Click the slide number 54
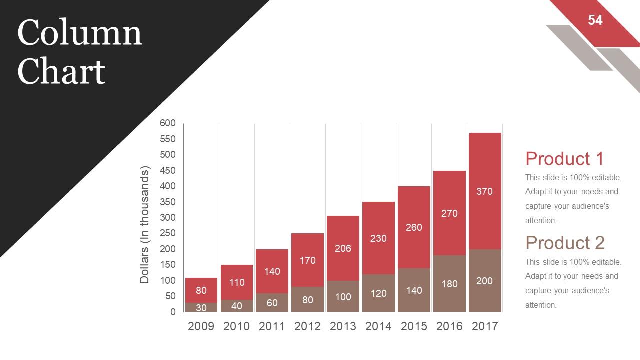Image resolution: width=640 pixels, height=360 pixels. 595,20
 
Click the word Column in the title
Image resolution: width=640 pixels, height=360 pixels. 80,33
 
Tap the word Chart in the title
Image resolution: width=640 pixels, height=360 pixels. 61,71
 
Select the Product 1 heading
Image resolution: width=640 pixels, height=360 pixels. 564,158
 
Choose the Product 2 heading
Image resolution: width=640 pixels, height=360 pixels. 565,243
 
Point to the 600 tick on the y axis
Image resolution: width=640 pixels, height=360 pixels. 168,123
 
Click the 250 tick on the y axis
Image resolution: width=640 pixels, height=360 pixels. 168,233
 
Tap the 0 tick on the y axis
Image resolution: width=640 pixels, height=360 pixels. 173,312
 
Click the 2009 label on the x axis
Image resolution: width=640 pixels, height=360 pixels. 201,326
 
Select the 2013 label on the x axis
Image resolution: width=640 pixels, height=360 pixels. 343,326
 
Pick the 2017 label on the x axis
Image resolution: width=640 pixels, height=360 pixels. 485,326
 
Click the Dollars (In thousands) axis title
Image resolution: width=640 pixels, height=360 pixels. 145,225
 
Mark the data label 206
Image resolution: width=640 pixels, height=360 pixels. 343,248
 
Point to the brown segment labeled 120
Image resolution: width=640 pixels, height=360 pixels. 378,293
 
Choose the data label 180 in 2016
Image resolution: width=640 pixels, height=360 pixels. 449,284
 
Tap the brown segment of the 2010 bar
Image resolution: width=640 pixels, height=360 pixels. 236,306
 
